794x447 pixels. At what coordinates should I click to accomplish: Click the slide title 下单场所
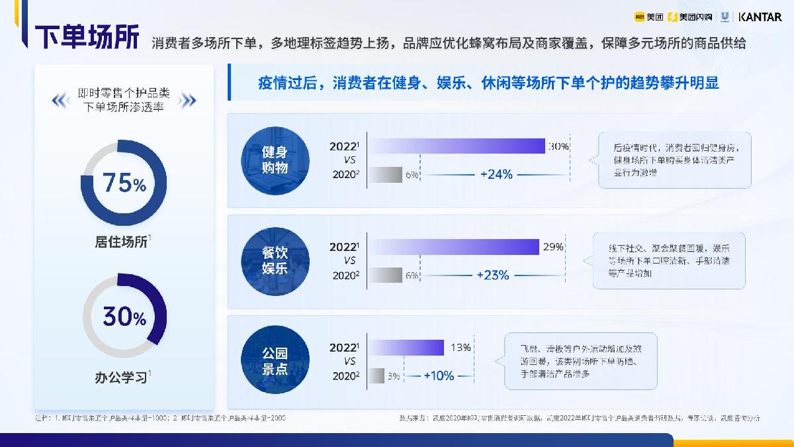[x=87, y=38]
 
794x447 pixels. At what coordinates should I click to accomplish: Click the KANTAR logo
[x=760, y=17]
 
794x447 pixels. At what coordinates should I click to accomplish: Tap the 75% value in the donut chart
[x=123, y=183]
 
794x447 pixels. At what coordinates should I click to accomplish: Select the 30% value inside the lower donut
[x=124, y=318]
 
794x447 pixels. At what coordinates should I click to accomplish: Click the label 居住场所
[x=121, y=242]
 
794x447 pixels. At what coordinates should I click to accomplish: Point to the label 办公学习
[x=121, y=378]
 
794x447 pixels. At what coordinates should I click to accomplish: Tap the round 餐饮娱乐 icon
[x=275, y=260]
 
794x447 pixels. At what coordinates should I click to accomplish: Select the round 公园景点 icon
[x=275, y=361]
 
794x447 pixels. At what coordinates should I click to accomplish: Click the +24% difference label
[x=496, y=174]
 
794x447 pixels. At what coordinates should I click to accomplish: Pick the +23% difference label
[x=492, y=275]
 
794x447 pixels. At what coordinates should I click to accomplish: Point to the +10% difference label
[x=439, y=375]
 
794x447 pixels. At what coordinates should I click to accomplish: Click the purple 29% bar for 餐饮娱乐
[x=453, y=247]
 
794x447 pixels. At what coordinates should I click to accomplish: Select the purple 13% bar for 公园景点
[x=406, y=348]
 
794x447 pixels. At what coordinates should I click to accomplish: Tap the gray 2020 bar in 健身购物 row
[x=384, y=175]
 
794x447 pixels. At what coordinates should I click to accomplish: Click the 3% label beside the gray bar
[x=394, y=376]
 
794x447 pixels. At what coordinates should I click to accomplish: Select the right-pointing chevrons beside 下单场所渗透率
[x=188, y=101]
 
